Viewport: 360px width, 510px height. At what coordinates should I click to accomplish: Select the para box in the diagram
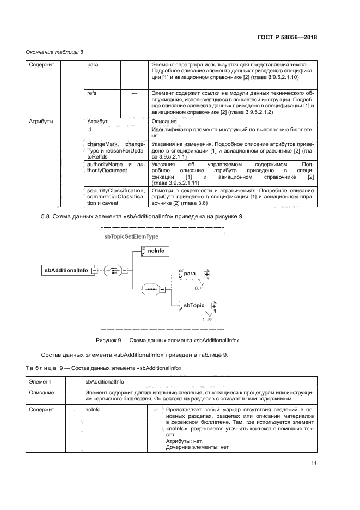tap(190, 274)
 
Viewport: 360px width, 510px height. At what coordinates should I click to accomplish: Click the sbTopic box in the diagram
tap(194, 306)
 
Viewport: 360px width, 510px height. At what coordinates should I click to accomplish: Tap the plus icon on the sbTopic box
tap(213, 306)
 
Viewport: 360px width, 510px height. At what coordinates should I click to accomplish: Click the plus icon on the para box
tap(206, 274)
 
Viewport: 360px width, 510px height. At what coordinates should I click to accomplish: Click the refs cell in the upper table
tap(92, 93)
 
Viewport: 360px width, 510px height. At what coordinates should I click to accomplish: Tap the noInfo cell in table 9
tap(92, 408)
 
